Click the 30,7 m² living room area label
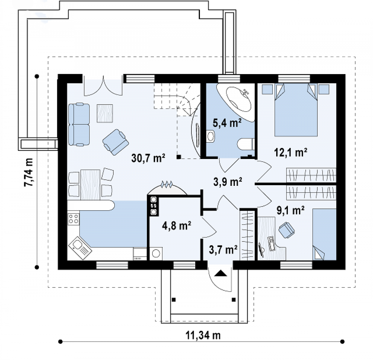(x=148, y=158)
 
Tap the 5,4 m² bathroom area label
(x=227, y=123)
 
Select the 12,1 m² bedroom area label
(x=290, y=152)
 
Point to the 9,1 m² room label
(x=290, y=210)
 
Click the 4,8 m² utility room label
(x=176, y=226)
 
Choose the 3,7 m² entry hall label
(x=223, y=250)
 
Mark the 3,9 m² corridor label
(x=228, y=182)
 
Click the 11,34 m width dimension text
(x=203, y=335)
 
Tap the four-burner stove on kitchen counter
(x=73, y=219)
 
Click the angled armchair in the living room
(x=116, y=142)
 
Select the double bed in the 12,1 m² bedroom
(x=296, y=110)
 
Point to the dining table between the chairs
(x=90, y=185)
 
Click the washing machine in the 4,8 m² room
(x=156, y=253)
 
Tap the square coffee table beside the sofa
(x=105, y=113)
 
